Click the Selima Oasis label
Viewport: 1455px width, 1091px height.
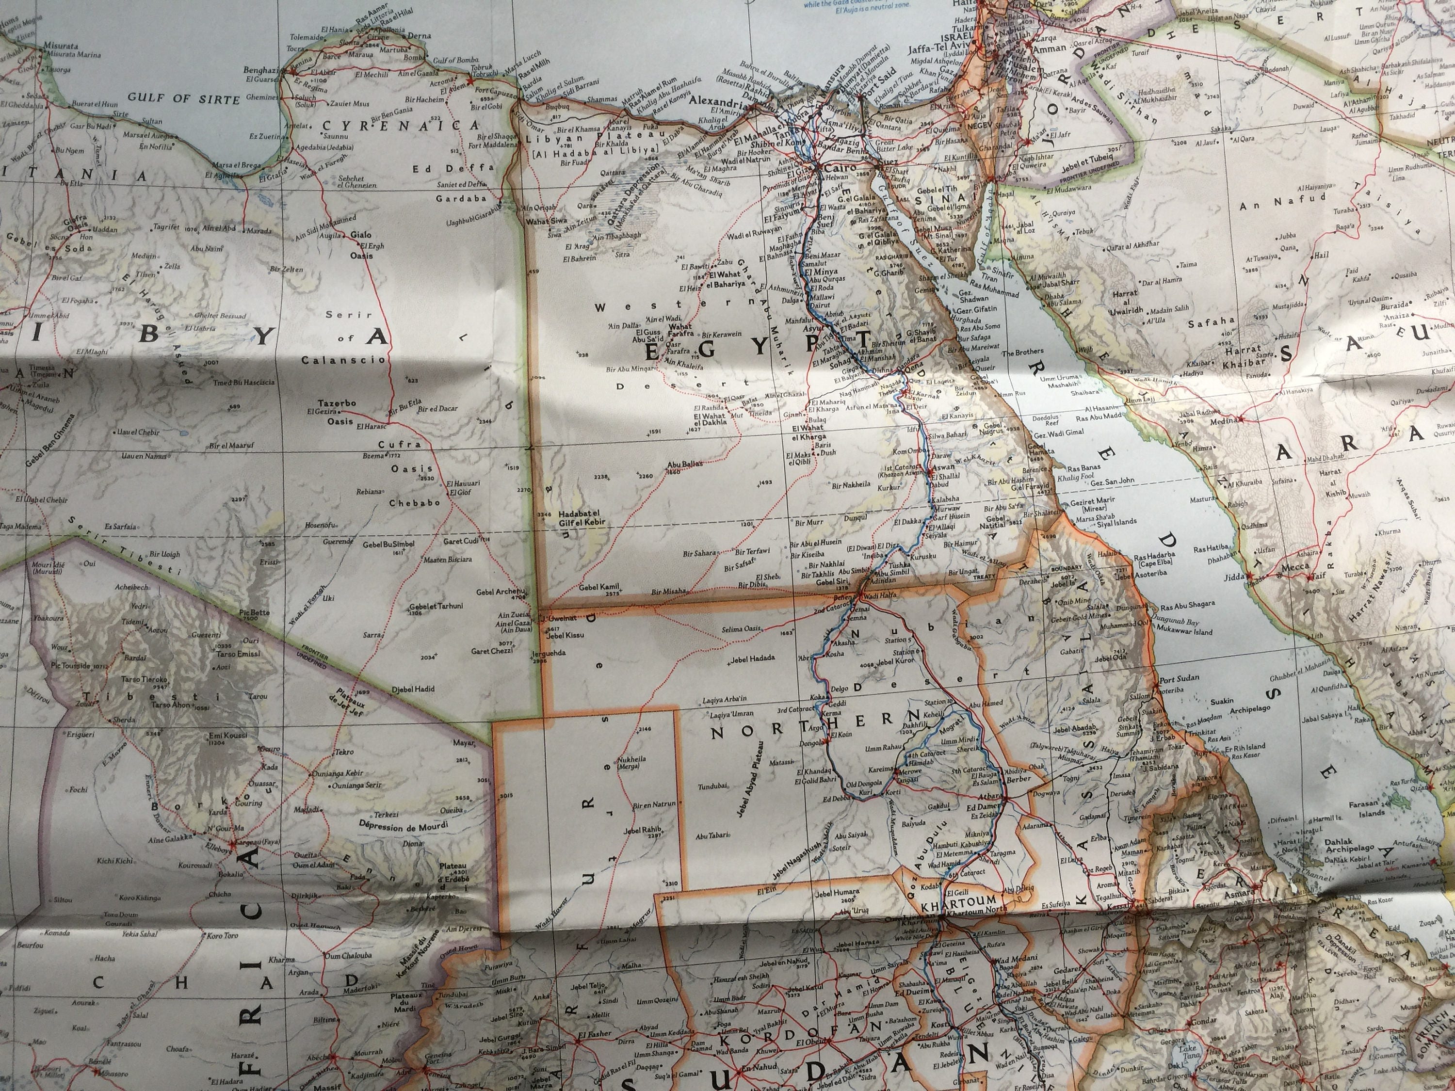740,629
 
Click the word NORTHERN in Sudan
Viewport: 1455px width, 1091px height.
748,716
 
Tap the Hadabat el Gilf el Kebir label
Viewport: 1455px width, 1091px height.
580,519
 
